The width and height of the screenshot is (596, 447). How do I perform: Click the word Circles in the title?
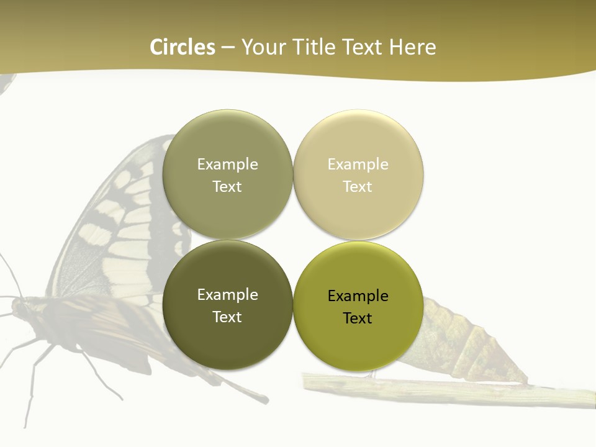183,47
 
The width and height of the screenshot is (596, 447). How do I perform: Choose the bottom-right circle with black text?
358,338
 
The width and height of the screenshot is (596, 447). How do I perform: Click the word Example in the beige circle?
358,165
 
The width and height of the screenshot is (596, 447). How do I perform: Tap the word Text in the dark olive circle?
227,317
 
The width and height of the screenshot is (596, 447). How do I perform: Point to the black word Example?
358,296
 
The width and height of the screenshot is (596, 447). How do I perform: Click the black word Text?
358,318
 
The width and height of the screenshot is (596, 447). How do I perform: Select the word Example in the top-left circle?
227,165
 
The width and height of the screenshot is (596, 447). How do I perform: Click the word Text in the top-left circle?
227,187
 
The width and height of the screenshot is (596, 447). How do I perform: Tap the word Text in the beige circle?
358,187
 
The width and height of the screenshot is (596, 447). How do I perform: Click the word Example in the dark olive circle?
227,295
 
